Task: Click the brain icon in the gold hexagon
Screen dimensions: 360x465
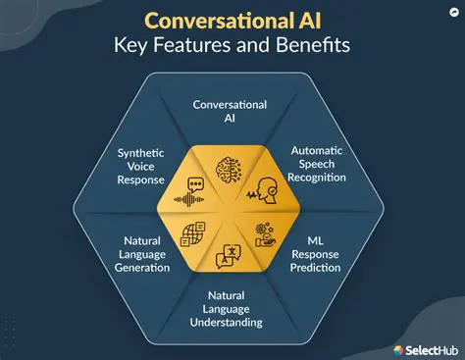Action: (x=232, y=166)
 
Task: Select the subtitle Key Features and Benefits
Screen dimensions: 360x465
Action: (x=232, y=47)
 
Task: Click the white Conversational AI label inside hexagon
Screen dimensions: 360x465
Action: (x=232, y=112)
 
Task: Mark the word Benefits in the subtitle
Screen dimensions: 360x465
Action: (x=315, y=47)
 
